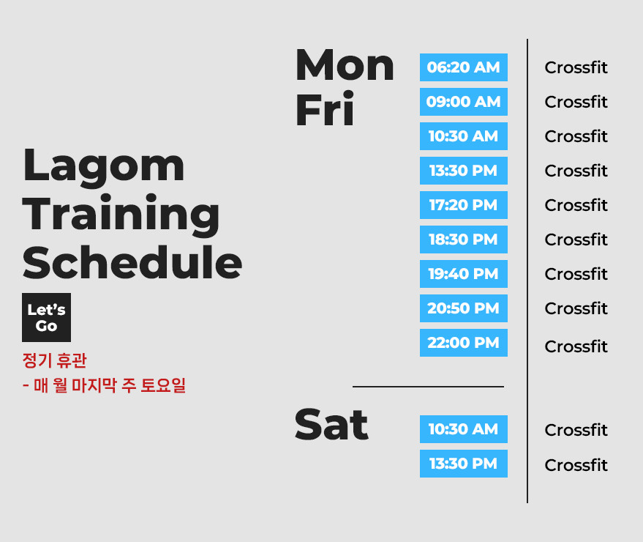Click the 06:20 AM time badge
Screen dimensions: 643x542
click(463, 67)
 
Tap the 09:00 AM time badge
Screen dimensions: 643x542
click(463, 102)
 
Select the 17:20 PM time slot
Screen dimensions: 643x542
click(463, 205)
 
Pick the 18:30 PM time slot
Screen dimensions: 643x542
click(463, 240)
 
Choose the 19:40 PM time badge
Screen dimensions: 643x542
click(463, 274)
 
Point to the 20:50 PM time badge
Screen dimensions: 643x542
click(463, 308)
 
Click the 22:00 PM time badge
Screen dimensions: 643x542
click(463, 343)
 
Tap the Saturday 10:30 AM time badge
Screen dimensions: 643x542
click(463, 429)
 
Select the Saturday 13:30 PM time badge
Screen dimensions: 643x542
click(463, 464)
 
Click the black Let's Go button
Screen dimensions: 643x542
click(46, 317)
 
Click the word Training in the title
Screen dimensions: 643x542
click(121, 215)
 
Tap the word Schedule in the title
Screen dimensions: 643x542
click(132, 262)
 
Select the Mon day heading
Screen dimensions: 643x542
click(345, 65)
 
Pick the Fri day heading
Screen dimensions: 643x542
click(325, 109)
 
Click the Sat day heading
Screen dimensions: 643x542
click(331, 425)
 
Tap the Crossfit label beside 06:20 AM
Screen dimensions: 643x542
click(576, 67)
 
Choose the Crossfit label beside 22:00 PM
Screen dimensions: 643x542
click(576, 346)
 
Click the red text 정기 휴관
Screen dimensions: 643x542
click(55, 360)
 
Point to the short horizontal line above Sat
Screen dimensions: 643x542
click(428, 387)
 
